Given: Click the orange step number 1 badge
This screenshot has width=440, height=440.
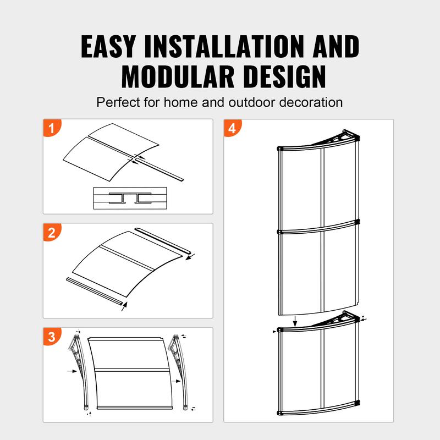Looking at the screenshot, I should point(52,130).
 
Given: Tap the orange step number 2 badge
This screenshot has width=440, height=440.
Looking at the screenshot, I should point(52,233).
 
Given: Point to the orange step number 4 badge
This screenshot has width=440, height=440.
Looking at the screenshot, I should point(232,130).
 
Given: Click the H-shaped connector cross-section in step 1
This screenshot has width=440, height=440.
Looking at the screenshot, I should point(129,198).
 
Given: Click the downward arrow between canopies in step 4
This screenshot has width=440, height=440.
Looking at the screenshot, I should point(295,320).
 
